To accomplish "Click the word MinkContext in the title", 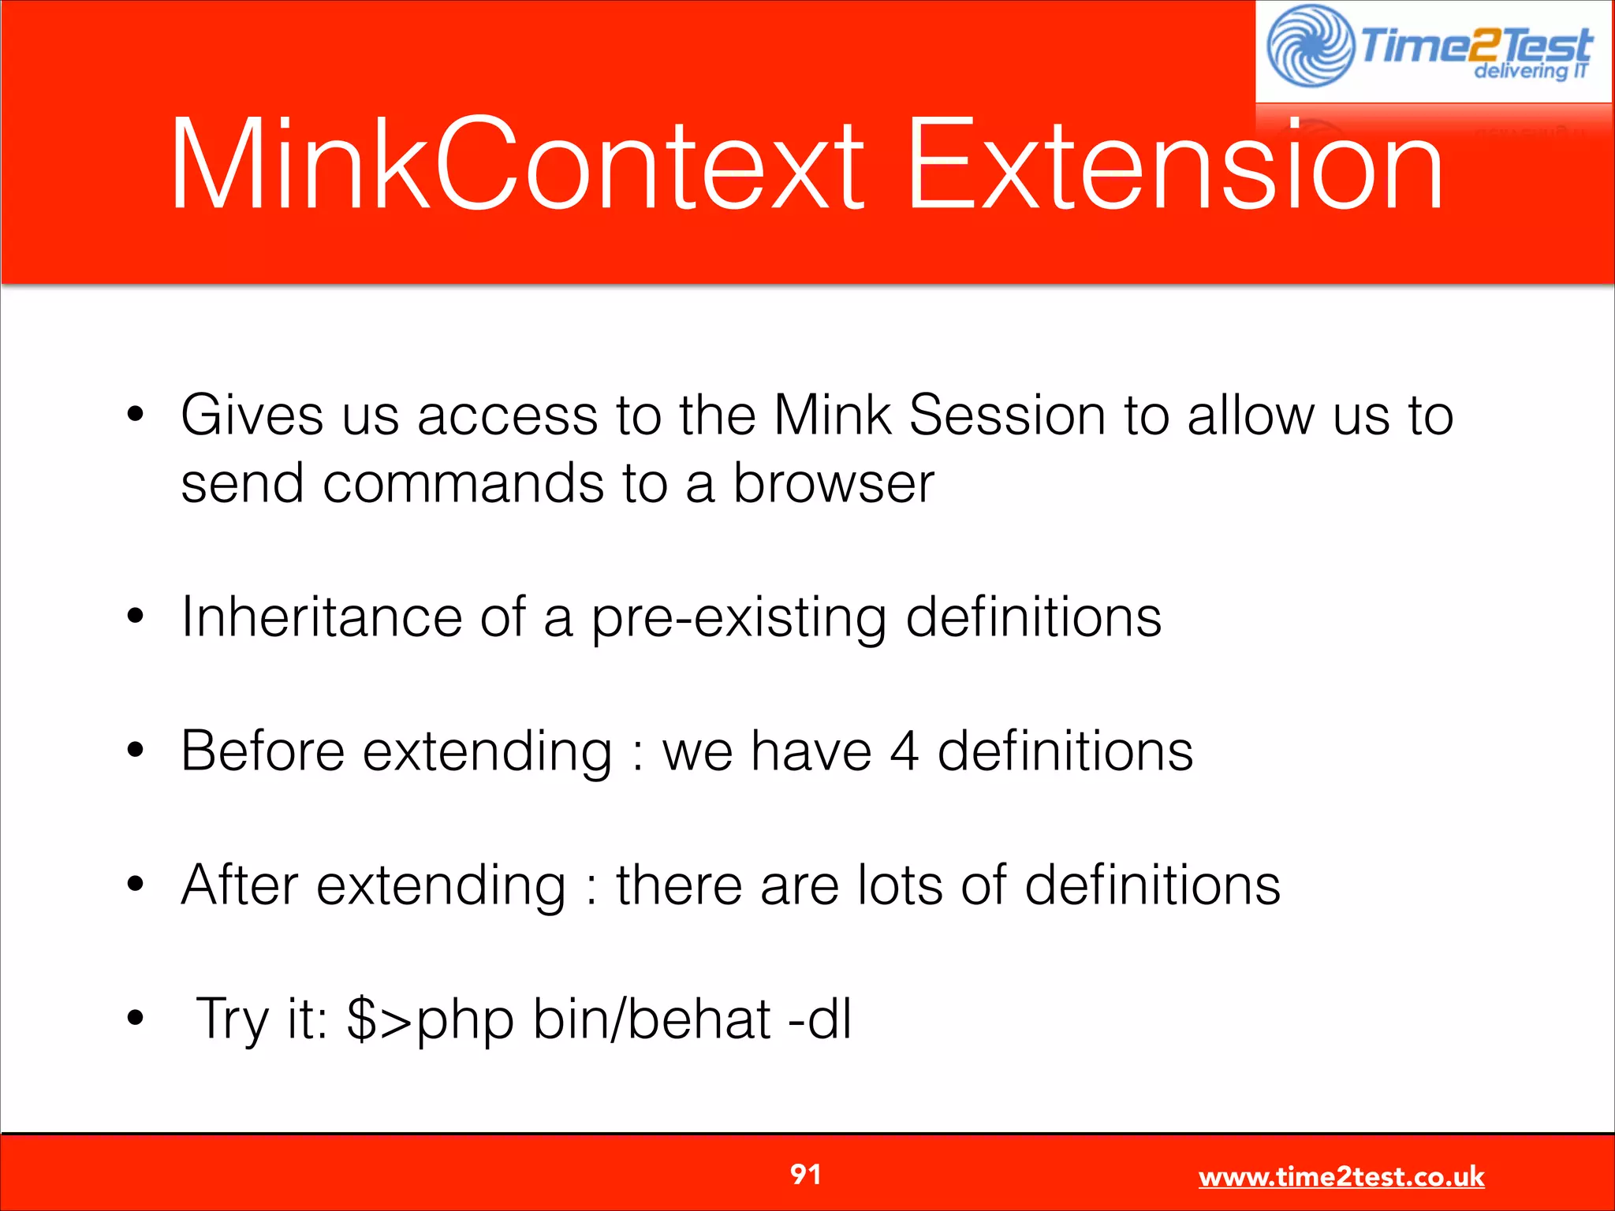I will point(517,164).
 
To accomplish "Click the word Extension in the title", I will point(1175,164).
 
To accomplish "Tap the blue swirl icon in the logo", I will point(1310,47).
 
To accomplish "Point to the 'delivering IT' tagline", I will point(1531,71).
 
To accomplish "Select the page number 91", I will point(805,1175).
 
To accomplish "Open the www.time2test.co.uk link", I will point(1341,1177).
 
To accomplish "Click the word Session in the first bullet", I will point(1007,415).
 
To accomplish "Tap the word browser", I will point(834,483).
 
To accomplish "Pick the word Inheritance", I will point(321,617).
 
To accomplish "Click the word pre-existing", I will point(739,618).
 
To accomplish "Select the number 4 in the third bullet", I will point(904,751).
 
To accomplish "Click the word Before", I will point(263,751).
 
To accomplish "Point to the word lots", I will point(900,885).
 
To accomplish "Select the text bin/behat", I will point(651,1019).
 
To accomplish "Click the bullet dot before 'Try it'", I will point(136,1018).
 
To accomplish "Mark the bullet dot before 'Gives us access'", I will point(136,414).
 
